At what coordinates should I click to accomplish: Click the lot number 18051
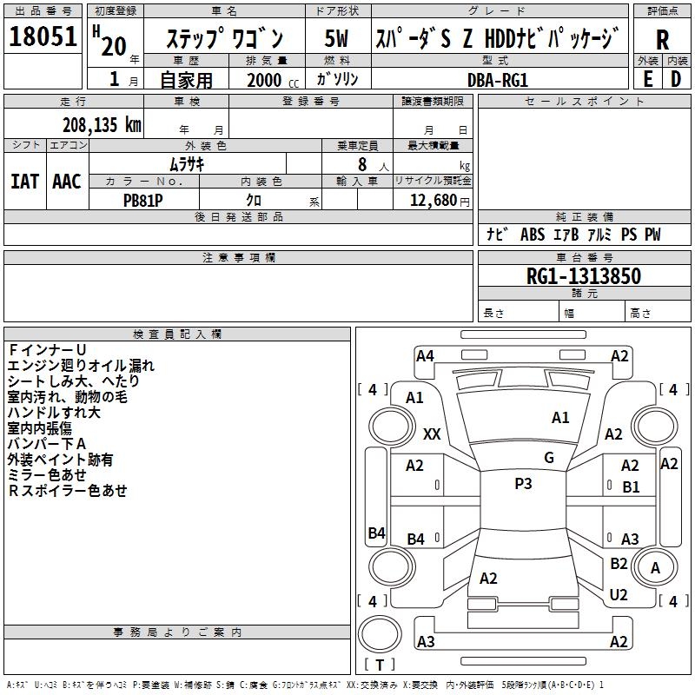coord(43,36)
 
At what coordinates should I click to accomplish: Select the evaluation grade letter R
coord(662,40)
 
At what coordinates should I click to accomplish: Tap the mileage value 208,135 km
coord(102,125)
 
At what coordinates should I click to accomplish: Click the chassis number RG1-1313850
coord(584,276)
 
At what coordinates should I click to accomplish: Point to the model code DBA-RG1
coord(498,80)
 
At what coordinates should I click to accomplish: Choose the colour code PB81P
coord(143,201)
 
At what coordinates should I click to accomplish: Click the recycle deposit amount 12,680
coord(433,201)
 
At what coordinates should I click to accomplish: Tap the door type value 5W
coord(336,38)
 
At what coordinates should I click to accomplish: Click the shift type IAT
coord(25,182)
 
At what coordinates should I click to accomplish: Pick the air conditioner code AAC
coord(67,182)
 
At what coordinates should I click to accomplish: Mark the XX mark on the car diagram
coord(432,434)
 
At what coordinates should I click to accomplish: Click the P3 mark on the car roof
coord(523,484)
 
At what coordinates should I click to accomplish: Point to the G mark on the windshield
coord(549,457)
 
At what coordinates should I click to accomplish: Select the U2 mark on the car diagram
coord(619,595)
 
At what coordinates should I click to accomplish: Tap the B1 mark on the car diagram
coord(631,487)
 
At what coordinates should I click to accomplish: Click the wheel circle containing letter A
coord(655,568)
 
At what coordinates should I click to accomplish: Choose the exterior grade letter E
coord(647,79)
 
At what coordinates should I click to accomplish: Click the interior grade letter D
coord(676,79)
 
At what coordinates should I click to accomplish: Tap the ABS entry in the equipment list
coord(533,235)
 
